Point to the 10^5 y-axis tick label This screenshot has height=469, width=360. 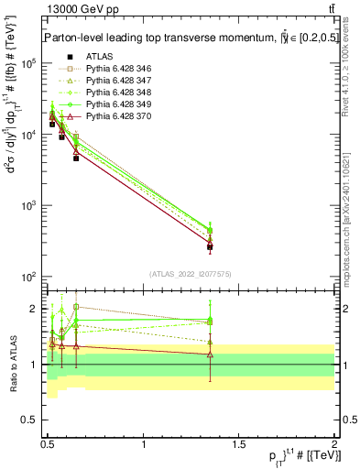click(x=28, y=63)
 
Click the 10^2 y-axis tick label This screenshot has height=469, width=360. click(x=28, y=277)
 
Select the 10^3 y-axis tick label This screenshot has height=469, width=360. click(x=28, y=205)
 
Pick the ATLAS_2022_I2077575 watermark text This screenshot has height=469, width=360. click(x=189, y=274)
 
